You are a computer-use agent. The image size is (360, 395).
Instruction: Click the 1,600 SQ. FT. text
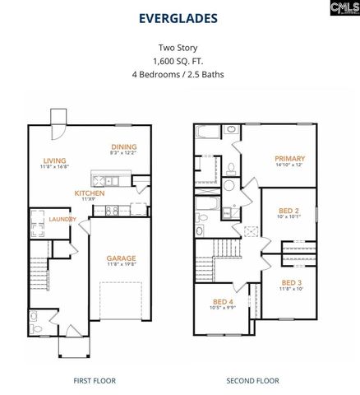[179, 62]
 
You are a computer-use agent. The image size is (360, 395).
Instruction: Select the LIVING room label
[54, 160]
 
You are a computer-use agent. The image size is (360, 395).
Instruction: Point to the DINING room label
[123, 146]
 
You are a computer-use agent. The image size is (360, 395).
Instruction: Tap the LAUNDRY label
[62, 219]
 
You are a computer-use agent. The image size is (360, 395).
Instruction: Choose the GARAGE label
[121, 258]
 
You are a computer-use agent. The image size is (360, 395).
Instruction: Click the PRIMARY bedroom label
[290, 159]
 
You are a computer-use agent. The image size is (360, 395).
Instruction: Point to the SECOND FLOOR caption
[253, 380]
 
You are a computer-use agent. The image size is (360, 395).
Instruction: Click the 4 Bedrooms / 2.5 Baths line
[179, 75]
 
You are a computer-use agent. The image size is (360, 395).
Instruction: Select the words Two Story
[180, 49]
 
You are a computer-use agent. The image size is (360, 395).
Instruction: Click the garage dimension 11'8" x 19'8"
[121, 265]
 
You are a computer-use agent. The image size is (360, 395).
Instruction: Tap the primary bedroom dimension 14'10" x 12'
[290, 166]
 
